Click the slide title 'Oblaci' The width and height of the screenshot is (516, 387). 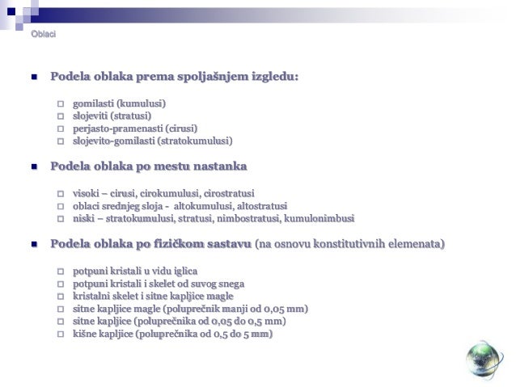[43, 33]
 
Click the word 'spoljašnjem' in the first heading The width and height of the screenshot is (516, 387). [213, 77]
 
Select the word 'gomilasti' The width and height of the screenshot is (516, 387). [93, 104]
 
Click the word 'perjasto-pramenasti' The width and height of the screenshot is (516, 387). [117, 128]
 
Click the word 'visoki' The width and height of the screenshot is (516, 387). [86, 194]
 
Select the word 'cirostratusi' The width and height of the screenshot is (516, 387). [227, 194]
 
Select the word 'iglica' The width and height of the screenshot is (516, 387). [184, 271]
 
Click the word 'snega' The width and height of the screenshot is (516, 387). [229, 284]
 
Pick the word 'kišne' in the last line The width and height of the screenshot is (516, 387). [86, 333]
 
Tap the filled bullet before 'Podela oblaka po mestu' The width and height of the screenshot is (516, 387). [34, 167]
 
